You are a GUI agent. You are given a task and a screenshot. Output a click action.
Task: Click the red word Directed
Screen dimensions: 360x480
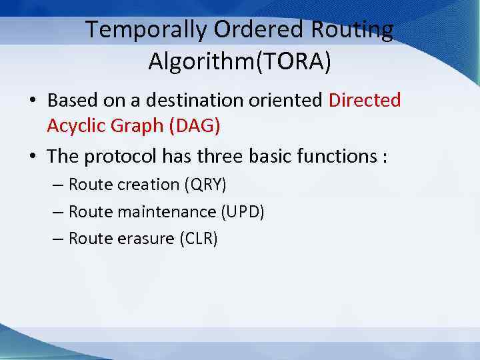pos(365,101)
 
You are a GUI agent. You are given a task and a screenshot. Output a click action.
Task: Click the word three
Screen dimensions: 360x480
pos(229,157)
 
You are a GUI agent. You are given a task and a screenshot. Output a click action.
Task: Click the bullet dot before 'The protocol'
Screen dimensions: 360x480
pos(32,157)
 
